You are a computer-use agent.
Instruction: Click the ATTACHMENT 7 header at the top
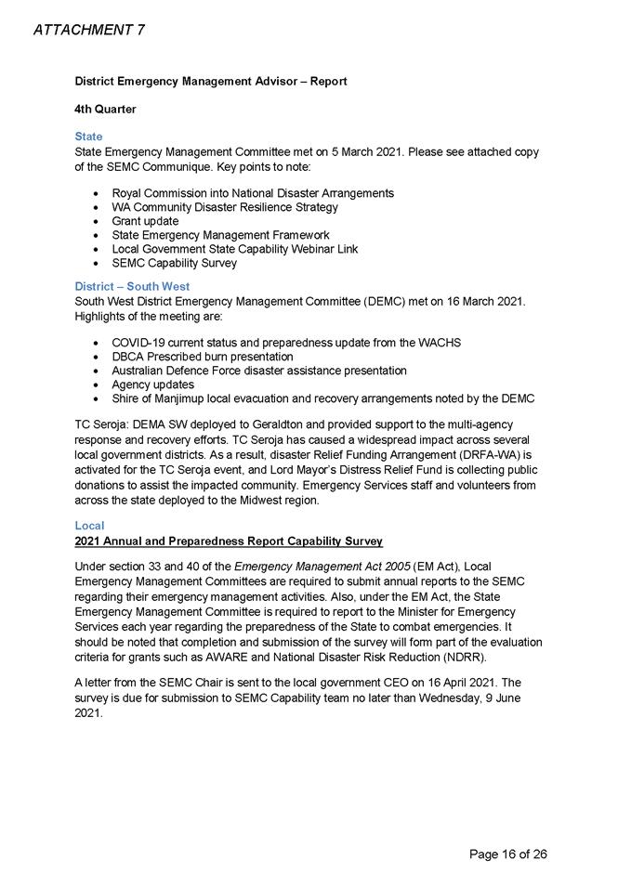[x=88, y=30]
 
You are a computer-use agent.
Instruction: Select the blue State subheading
[x=88, y=137]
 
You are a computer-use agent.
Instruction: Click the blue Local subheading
[x=89, y=526]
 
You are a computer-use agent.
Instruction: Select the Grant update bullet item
[x=145, y=221]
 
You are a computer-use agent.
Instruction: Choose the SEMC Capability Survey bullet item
[x=174, y=263]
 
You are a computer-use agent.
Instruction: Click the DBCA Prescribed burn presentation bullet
[x=202, y=357]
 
